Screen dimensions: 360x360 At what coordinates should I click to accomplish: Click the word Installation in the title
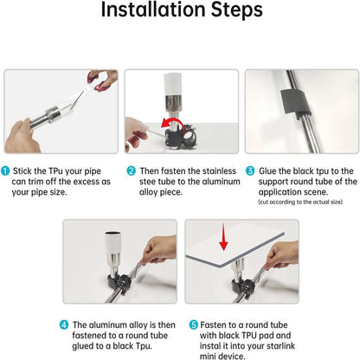coord(154,10)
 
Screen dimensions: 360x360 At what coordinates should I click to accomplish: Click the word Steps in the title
coord(237,10)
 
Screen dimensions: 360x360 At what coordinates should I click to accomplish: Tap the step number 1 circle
coord(5,170)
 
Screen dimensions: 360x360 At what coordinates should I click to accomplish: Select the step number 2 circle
coord(131,170)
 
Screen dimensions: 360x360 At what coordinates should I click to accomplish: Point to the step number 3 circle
coord(250,170)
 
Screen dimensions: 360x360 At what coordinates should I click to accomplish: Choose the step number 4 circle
coord(64,325)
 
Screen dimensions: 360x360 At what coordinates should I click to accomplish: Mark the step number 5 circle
coord(193,325)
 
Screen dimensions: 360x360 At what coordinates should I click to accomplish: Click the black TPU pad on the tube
coord(295,102)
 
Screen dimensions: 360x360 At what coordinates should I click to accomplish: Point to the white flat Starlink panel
coord(235,249)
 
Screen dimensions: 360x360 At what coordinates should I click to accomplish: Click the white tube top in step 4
coord(113,242)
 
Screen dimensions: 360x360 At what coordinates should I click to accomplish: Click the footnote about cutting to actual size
coord(300,202)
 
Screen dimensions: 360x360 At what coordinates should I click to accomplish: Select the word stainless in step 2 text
coord(219,170)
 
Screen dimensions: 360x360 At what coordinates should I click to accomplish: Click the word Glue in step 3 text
coord(267,170)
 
